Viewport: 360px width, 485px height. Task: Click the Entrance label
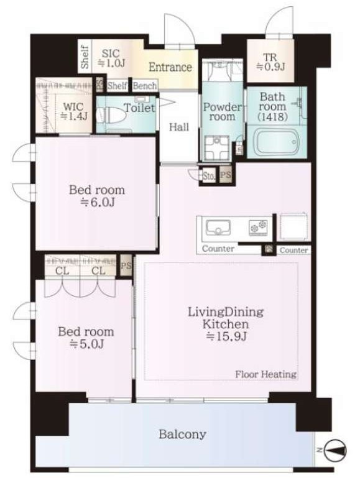170,67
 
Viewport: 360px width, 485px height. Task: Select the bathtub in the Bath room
276,142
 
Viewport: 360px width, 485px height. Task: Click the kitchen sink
218,228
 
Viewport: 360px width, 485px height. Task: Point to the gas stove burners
258,228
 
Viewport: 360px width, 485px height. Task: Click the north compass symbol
336,450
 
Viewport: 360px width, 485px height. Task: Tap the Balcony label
182,434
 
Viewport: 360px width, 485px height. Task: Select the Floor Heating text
265,374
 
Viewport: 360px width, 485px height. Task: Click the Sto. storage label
209,177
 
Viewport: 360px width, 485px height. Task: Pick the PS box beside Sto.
226,175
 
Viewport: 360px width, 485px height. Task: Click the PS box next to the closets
126,266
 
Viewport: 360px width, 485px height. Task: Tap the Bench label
145,85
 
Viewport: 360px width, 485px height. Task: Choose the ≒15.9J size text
227,336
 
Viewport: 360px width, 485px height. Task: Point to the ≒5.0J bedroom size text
86,344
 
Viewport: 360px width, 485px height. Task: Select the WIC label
73,107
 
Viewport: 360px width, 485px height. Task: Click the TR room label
270,57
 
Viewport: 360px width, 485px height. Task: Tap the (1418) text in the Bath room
272,117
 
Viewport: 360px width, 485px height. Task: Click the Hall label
179,127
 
